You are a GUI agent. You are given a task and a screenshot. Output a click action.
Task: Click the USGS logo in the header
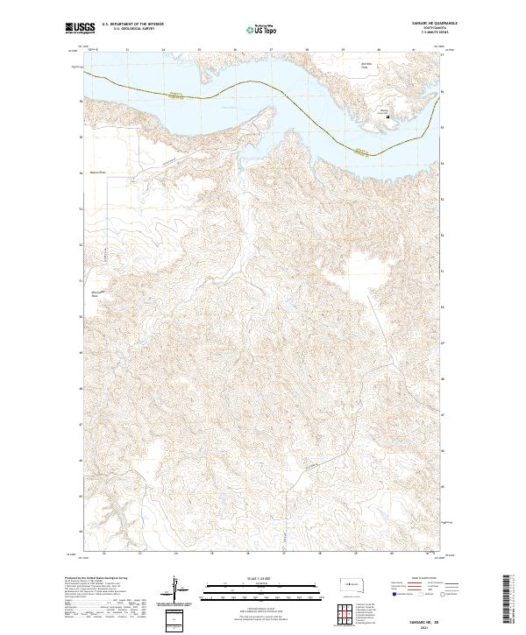tap(81, 29)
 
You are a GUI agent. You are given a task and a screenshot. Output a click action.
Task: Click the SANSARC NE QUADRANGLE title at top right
tap(418, 24)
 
